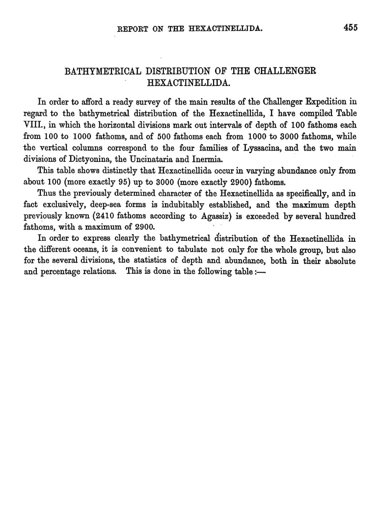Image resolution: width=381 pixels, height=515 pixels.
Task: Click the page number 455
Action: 350,27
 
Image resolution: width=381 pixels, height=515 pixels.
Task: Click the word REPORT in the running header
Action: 132,29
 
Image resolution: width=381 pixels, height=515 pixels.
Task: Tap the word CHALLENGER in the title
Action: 284,71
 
